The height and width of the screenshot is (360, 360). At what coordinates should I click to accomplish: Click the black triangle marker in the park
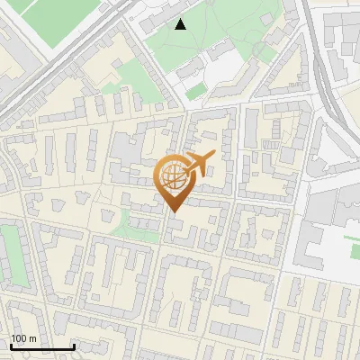coord(181,24)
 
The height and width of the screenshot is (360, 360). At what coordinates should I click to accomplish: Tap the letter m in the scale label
coord(33,338)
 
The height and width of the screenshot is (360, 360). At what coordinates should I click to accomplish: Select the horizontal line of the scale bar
coord(41,347)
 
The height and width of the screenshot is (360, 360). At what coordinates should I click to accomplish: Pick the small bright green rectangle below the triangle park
coord(196,91)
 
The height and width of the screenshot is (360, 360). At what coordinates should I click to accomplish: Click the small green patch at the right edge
coord(352,241)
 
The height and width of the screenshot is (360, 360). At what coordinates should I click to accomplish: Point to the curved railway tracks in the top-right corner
coord(323,63)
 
